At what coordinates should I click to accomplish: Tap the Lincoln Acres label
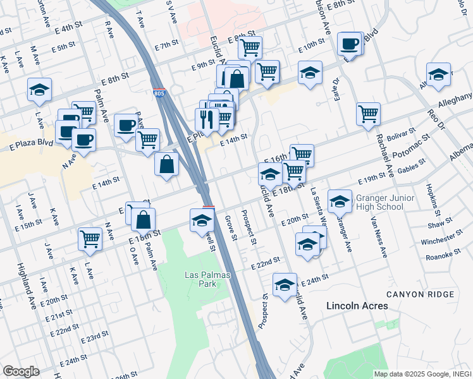point(357,306)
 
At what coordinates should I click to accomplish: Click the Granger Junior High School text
point(380,202)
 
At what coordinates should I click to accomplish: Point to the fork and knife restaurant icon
point(206,119)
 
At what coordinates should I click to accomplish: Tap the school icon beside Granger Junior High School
point(340,201)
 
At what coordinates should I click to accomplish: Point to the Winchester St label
point(441,239)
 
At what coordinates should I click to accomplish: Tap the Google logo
point(21,371)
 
